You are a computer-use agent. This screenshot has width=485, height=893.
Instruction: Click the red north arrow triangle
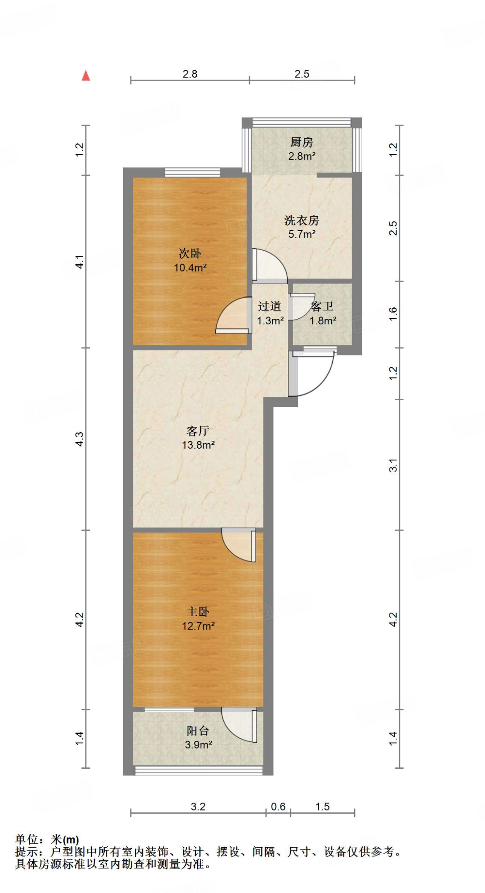click(x=86, y=76)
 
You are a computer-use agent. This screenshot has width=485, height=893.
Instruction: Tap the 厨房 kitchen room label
click(x=301, y=149)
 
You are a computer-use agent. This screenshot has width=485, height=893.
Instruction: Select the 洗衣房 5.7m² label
click(x=301, y=227)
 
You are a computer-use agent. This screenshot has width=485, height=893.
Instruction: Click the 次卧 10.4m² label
click(x=190, y=260)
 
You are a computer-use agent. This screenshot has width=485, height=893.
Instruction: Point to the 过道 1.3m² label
click(x=270, y=314)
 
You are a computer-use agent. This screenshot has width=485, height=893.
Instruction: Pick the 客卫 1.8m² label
click(x=323, y=314)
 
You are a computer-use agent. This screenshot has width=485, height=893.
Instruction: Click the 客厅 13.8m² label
click(x=198, y=438)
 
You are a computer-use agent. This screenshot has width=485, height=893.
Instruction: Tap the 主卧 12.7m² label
click(x=198, y=619)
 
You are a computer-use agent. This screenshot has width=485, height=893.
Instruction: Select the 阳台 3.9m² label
click(x=198, y=737)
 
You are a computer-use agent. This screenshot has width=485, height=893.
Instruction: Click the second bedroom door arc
click(x=231, y=316)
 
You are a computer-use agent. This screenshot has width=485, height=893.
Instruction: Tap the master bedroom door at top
click(x=238, y=545)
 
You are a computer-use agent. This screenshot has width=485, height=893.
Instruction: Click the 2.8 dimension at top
click(x=190, y=74)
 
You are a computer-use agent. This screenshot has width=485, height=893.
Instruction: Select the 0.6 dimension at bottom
click(x=278, y=807)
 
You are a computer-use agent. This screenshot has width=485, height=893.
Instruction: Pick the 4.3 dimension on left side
click(x=79, y=438)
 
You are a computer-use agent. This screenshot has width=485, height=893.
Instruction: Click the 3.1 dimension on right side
click(x=393, y=465)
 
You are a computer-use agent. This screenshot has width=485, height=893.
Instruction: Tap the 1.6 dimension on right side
click(x=393, y=314)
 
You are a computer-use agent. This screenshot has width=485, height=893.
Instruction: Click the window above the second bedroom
click(x=192, y=173)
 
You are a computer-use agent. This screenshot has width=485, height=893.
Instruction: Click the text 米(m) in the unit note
click(x=65, y=839)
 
